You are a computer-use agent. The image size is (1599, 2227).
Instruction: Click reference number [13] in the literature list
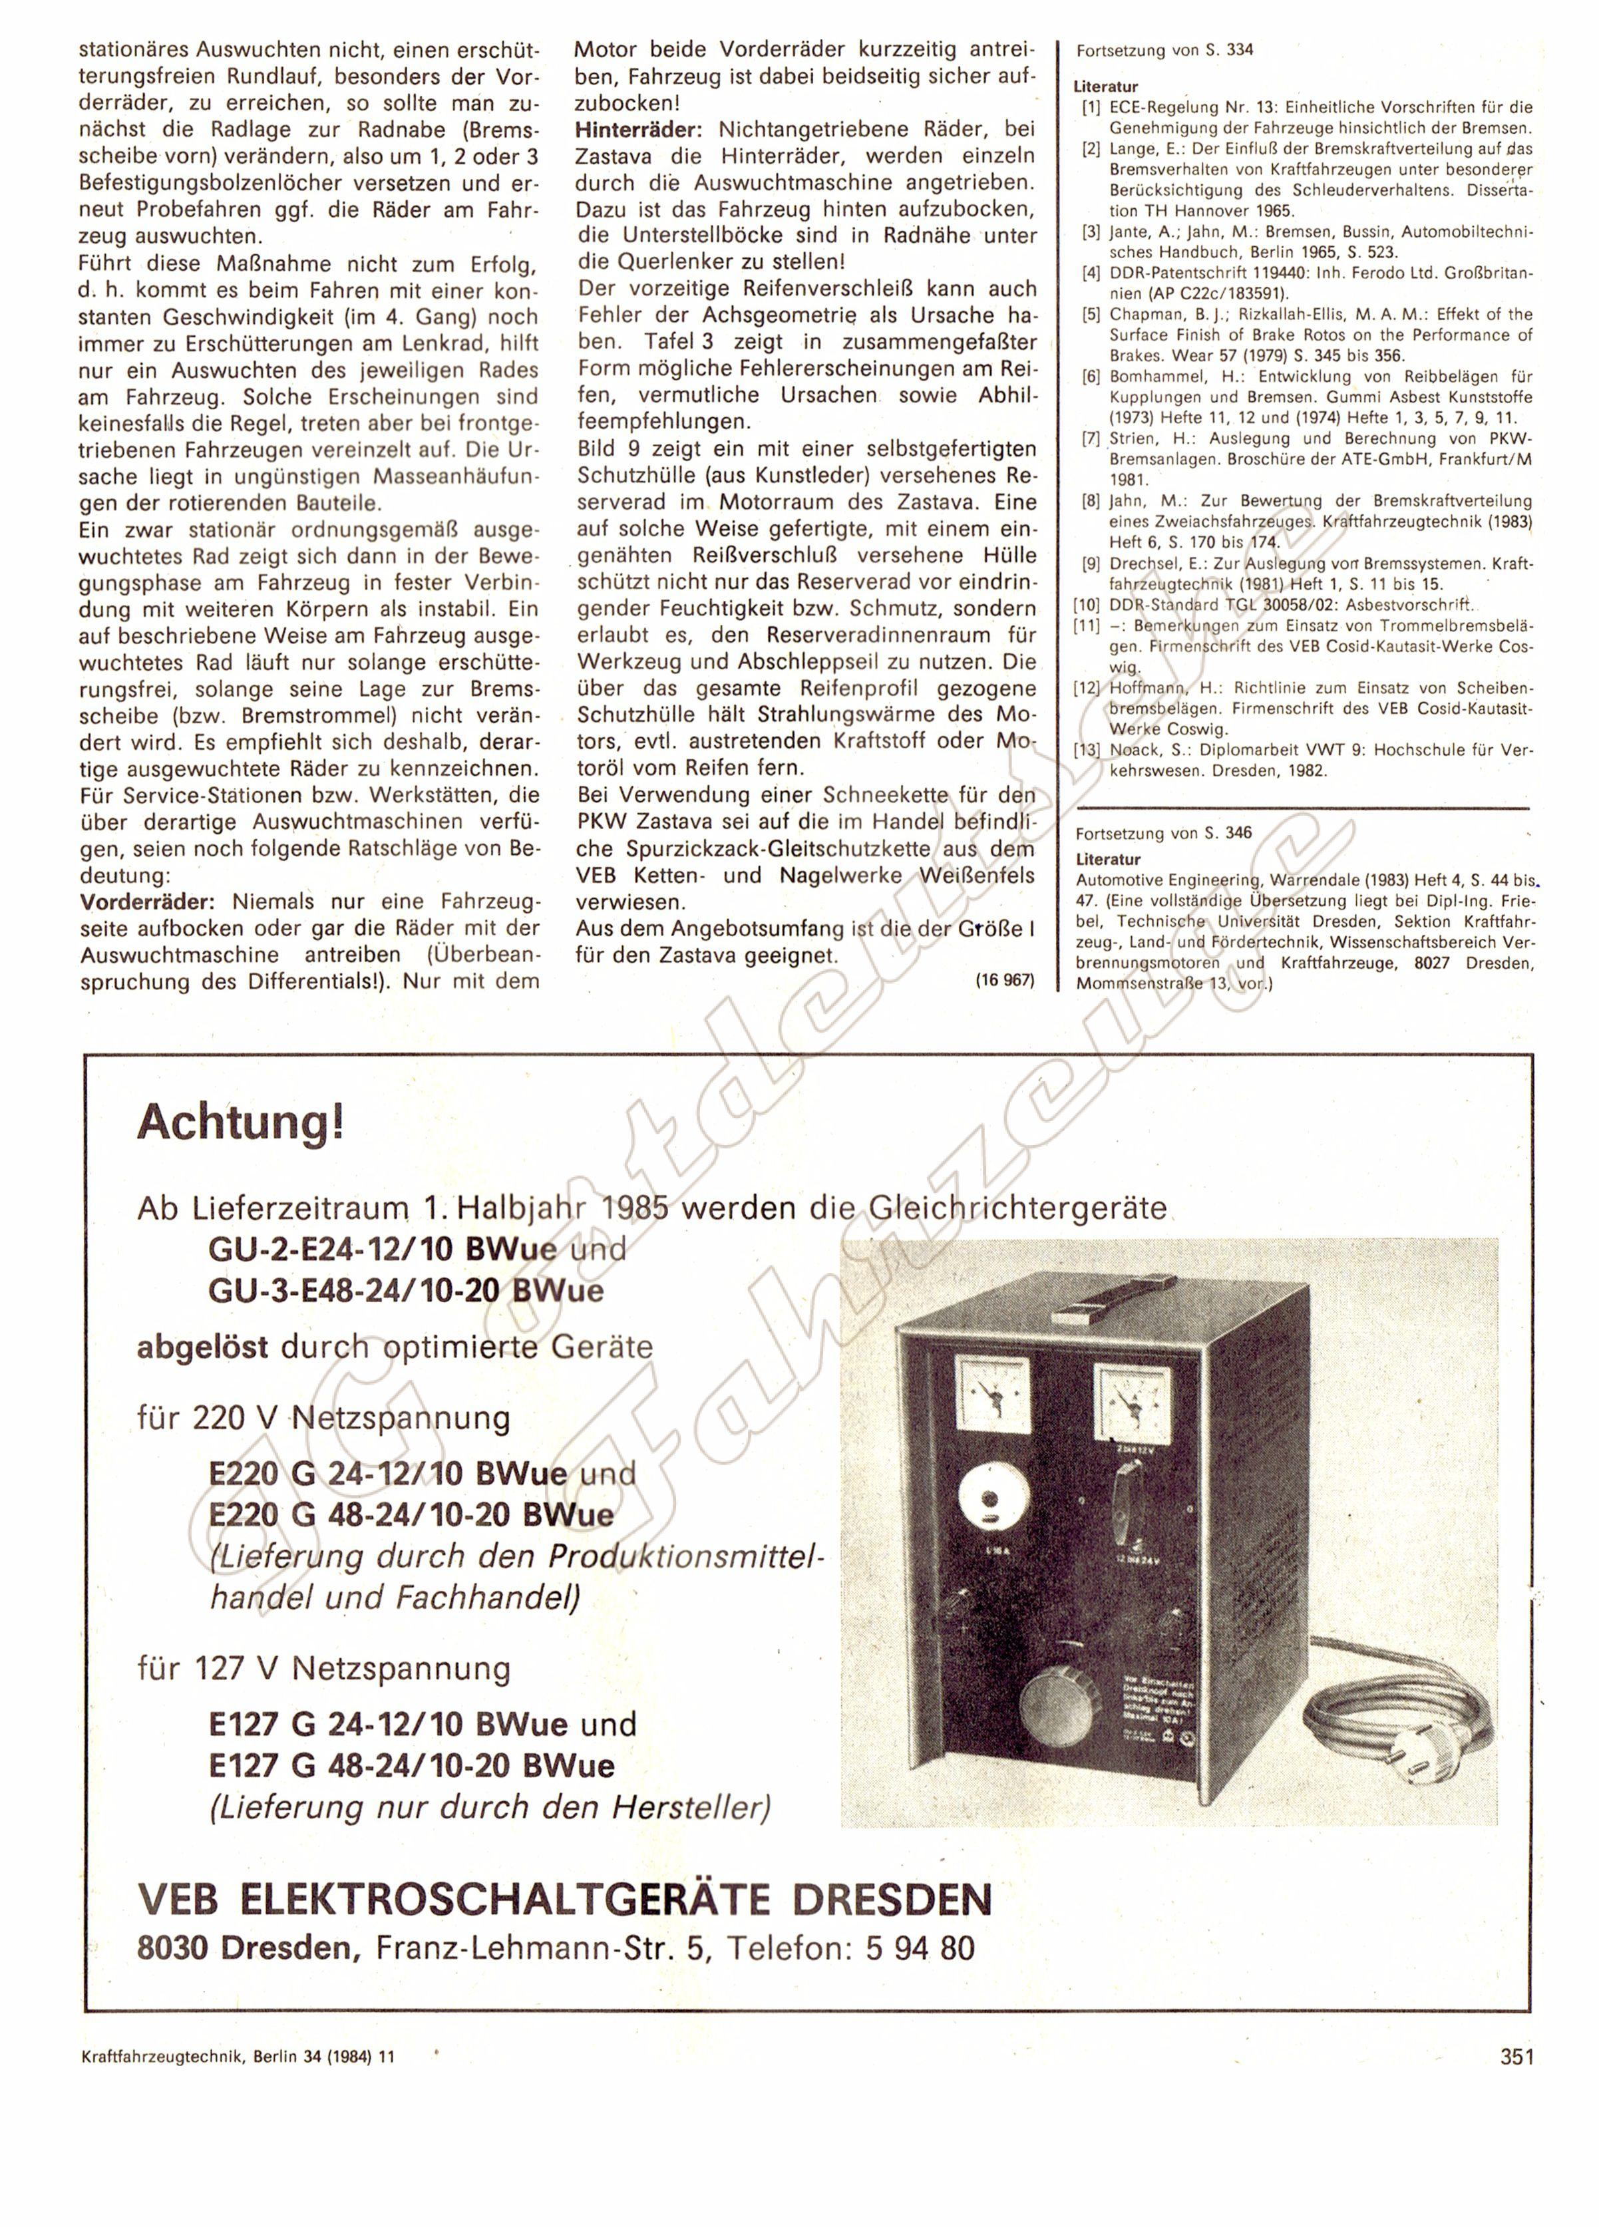pyautogui.click(x=1088, y=750)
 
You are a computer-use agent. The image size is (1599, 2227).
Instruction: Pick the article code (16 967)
pyautogui.click(x=1005, y=980)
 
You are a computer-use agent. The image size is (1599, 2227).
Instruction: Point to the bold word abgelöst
pyautogui.click(x=202, y=1346)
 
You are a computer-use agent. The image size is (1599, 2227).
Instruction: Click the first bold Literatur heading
pyautogui.click(x=1105, y=87)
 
